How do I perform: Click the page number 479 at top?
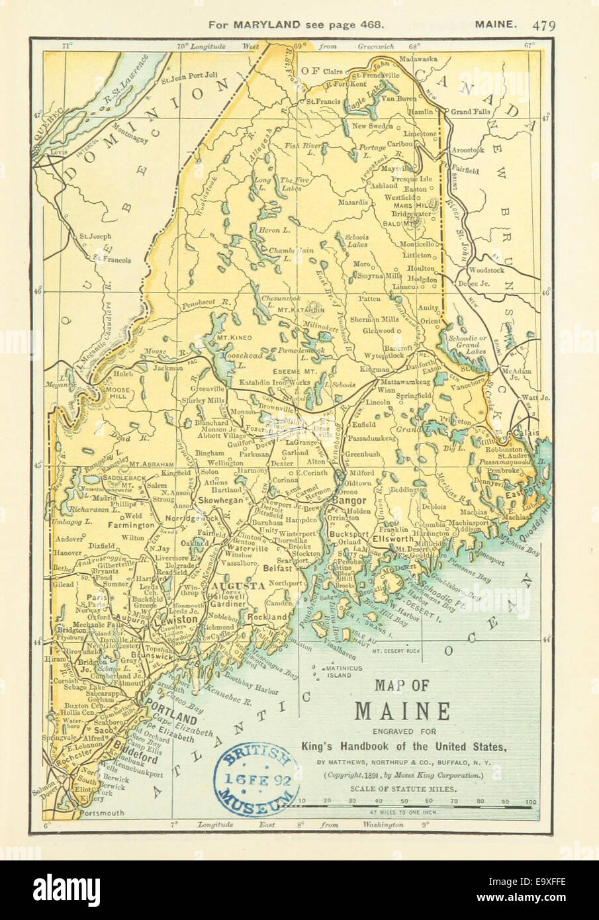point(543,25)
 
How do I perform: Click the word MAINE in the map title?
point(402,711)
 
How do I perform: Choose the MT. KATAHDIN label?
point(301,309)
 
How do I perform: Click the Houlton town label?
point(422,268)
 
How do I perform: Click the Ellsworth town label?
point(392,539)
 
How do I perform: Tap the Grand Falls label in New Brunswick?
point(471,112)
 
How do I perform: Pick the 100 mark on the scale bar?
point(530,802)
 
